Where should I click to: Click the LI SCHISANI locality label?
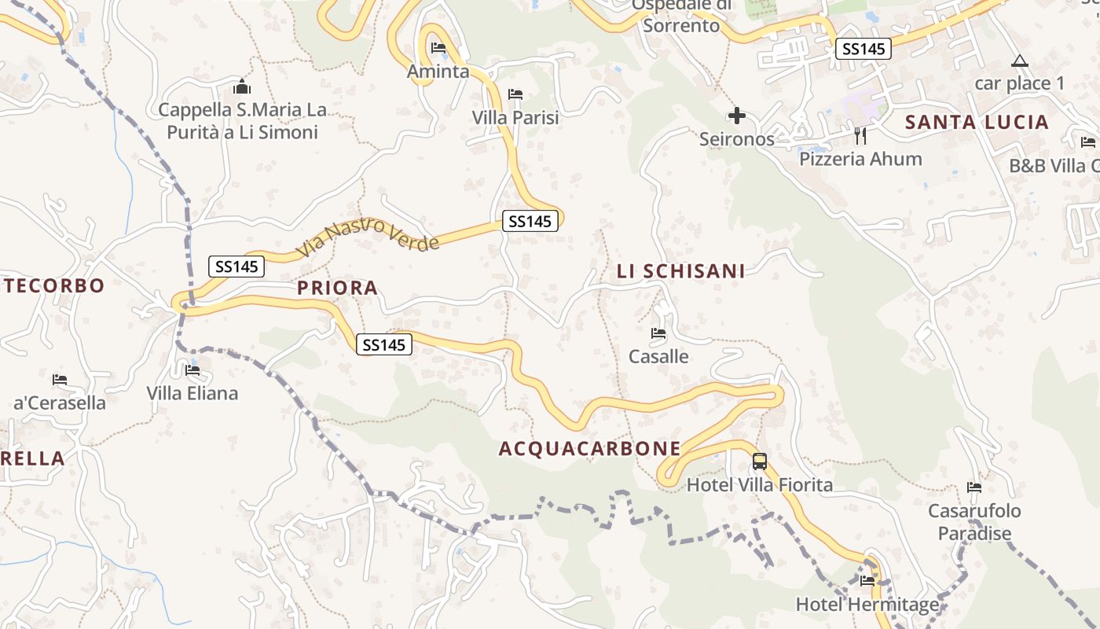tap(680, 271)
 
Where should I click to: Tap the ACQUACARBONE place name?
tap(590, 449)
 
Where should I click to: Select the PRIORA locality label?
tap(338, 289)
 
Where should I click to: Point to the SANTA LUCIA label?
tap(977, 122)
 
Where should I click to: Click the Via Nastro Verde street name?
tap(368, 237)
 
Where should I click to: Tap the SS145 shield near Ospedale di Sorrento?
tap(863, 49)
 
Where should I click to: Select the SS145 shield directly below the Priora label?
tap(384, 344)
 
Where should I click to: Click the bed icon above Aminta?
tap(438, 49)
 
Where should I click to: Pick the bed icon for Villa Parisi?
tap(515, 94)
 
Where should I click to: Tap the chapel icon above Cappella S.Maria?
tap(242, 86)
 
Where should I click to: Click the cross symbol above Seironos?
tap(736, 116)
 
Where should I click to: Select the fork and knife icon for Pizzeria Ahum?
tap(860, 135)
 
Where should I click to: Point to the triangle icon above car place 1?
tap(1019, 61)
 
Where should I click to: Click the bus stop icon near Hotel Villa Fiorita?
tap(759, 462)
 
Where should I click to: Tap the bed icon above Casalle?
tap(658, 333)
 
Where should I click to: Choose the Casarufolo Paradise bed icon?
tap(974, 487)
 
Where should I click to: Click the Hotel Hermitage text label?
tap(867, 605)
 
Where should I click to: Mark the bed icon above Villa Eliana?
tap(192, 370)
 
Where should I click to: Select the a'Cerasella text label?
tap(60, 403)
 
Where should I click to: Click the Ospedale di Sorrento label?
tap(681, 16)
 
